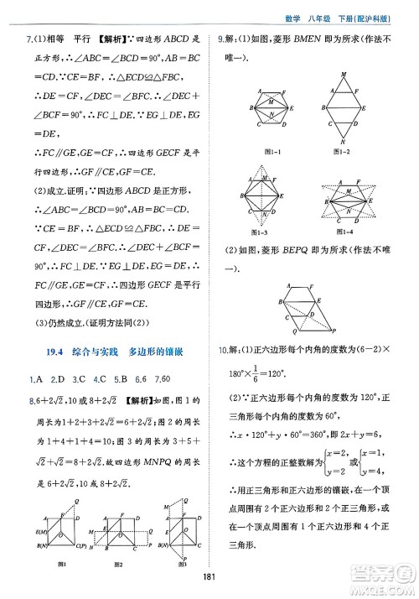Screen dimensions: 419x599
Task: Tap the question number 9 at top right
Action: pyautogui.click(x=220, y=37)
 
